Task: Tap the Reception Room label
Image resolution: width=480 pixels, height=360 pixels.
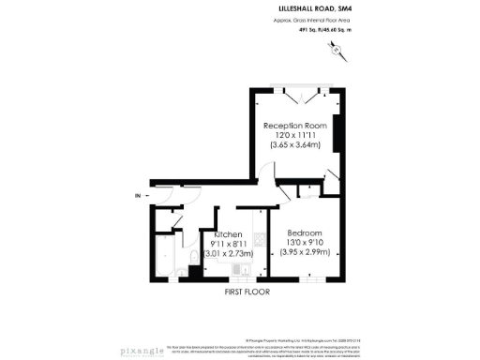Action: pos(293,125)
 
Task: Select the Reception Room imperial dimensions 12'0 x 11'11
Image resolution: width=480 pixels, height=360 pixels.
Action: pos(293,135)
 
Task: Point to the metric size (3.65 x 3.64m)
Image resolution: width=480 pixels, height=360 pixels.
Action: pos(293,145)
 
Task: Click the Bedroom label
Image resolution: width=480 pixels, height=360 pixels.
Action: pos(306,232)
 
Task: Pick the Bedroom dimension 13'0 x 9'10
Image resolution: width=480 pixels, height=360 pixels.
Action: pos(306,242)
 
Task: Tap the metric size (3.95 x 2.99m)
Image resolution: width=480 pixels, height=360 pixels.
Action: pos(306,252)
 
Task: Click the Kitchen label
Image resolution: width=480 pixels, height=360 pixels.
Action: pos(230,233)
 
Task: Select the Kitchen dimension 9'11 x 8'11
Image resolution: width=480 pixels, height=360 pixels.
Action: pos(229,243)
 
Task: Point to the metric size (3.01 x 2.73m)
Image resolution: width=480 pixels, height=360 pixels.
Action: pos(229,252)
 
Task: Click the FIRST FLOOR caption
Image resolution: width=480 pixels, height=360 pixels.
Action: pos(247,292)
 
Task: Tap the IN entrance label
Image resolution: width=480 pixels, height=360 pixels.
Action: pos(138,195)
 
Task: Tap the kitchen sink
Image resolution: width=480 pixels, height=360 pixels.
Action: pos(242,272)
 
